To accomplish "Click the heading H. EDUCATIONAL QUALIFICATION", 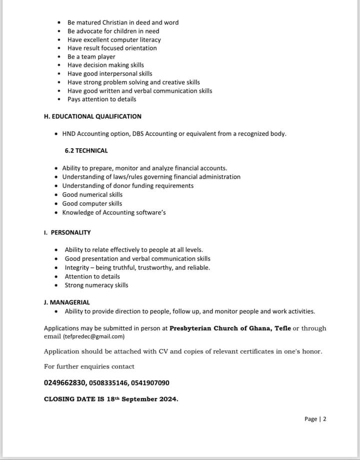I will coord(92,117).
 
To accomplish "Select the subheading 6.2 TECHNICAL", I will coord(86,150).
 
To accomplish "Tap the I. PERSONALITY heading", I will coord(67,233).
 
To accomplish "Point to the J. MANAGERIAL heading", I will coord(66,302).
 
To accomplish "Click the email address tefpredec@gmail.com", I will coord(93,336).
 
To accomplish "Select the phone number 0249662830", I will coord(65,383).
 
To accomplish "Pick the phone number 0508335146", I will coord(108,383).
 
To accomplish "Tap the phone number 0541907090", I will coord(150,383).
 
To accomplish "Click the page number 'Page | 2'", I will coord(315,419).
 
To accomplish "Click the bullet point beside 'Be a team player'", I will coord(59,57).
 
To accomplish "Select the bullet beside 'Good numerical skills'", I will coord(56,195).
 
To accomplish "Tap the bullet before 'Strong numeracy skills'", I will coord(56,285).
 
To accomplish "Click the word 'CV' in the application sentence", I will coord(163,351).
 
